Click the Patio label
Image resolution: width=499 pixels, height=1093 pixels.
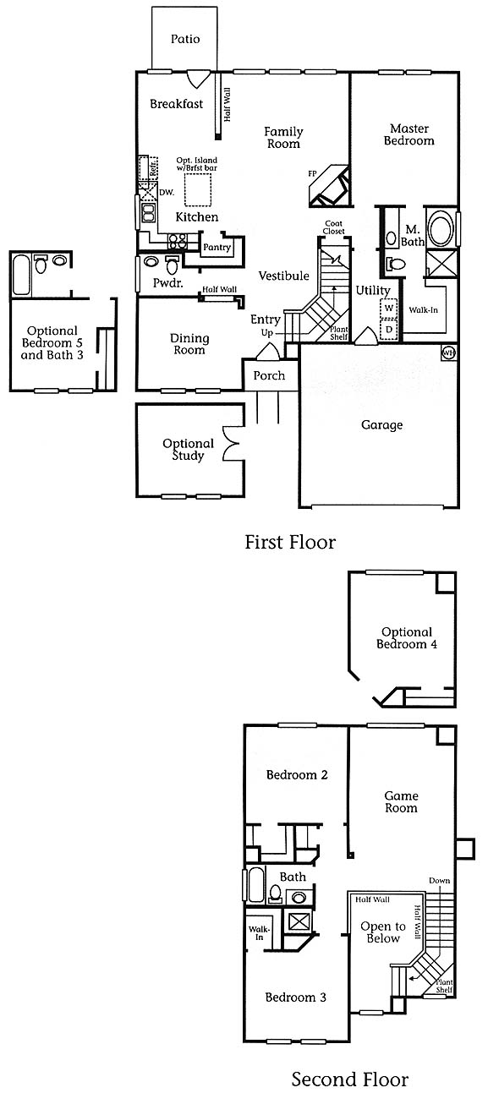pyautogui.click(x=185, y=39)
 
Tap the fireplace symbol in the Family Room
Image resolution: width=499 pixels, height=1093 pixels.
pyautogui.click(x=329, y=187)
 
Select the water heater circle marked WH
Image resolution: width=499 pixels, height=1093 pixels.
pyautogui.click(x=448, y=352)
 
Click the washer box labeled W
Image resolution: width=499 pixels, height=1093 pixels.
pyautogui.click(x=389, y=308)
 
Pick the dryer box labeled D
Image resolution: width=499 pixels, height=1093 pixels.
pyautogui.click(x=389, y=330)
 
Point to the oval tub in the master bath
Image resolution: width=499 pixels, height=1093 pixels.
pyautogui.click(x=441, y=228)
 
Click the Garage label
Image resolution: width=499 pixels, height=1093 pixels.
pyautogui.click(x=381, y=425)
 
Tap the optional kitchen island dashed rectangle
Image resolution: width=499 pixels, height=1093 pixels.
pyautogui.click(x=198, y=190)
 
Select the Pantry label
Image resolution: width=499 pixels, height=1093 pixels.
pyautogui.click(x=217, y=248)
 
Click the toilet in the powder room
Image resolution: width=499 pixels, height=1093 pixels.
pyautogui.click(x=172, y=265)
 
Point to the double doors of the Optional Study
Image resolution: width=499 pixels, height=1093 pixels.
pyautogui.click(x=231, y=444)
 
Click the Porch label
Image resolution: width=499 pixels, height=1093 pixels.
pyautogui.click(x=269, y=375)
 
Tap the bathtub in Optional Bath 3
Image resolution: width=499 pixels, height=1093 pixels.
pyautogui.click(x=21, y=274)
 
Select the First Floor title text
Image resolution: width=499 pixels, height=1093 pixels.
pyautogui.click(x=290, y=542)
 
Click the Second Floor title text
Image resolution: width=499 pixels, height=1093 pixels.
pyautogui.click(x=350, y=1079)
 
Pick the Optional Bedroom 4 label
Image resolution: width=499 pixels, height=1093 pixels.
pyautogui.click(x=407, y=638)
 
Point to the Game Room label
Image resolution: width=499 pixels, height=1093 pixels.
pyautogui.click(x=402, y=801)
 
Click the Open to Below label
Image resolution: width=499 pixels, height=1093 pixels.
pyautogui.click(x=383, y=932)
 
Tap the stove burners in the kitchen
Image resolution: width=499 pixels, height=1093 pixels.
pyautogui.click(x=178, y=241)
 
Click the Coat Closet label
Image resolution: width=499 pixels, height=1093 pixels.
pyautogui.click(x=334, y=227)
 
